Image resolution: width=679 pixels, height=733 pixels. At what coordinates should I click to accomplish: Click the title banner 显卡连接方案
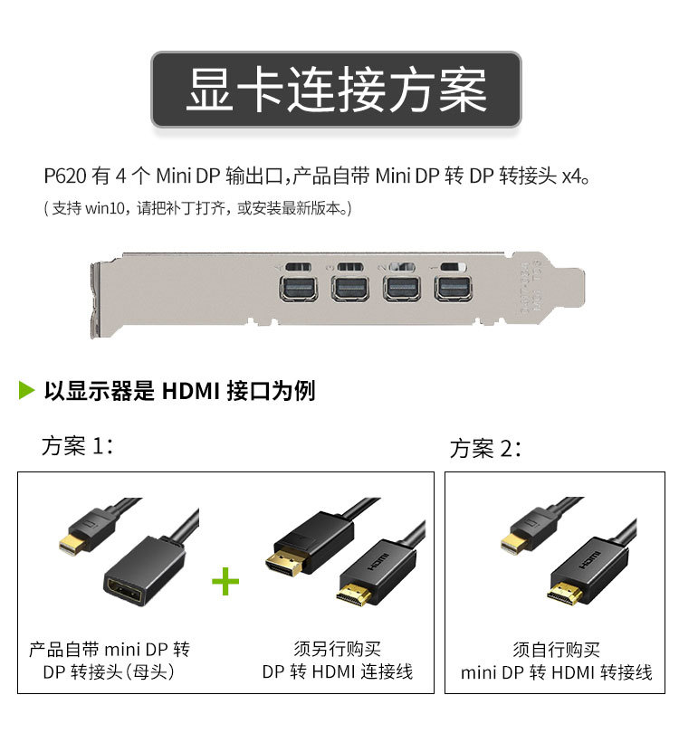336,89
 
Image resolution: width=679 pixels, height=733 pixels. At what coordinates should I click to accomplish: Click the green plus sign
225,581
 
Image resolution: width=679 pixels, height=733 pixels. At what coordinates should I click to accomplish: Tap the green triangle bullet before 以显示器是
26,391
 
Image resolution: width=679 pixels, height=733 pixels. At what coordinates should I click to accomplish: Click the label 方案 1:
78,446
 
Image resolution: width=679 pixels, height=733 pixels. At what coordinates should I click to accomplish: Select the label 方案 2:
486,448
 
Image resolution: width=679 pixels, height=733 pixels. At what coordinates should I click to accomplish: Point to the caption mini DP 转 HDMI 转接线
556,673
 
